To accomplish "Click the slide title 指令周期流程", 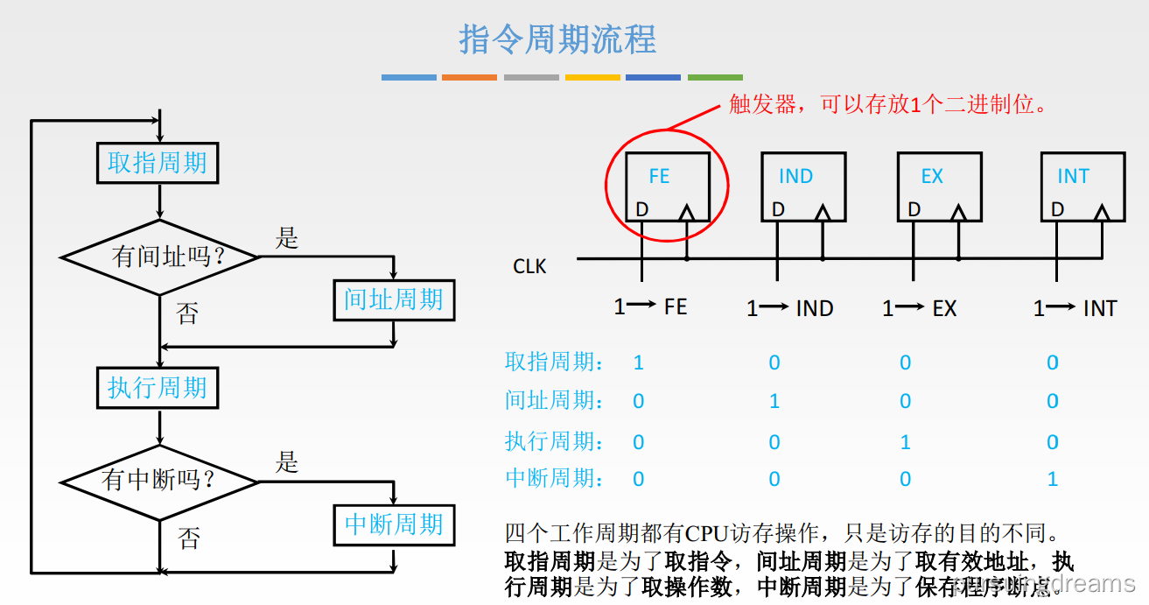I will [x=557, y=39].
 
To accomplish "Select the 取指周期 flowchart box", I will [x=158, y=163].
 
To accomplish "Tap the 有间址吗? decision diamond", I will [x=160, y=257].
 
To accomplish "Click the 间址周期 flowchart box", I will [x=394, y=300].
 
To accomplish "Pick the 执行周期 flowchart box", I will [x=158, y=388].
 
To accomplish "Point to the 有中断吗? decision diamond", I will [x=160, y=481].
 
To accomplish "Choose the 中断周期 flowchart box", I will [x=394, y=524].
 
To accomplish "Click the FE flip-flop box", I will [x=667, y=186].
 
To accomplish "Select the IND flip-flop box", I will [x=802, y=186].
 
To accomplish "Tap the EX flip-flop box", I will [x=939, y=186].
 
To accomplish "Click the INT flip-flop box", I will [x=1082, y=186].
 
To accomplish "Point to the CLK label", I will [x=529, y=266].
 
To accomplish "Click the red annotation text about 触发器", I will [x=888, y=105].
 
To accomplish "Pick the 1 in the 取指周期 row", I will [x=638, y=362].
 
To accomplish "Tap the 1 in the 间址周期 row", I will [x=774, y=401].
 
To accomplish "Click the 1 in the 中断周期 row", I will [x=1053, y=479].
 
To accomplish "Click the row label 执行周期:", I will [x=554, y=441].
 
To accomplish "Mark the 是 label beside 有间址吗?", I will [x=287, y=238].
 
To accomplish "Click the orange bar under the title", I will [x=469, y=78].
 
